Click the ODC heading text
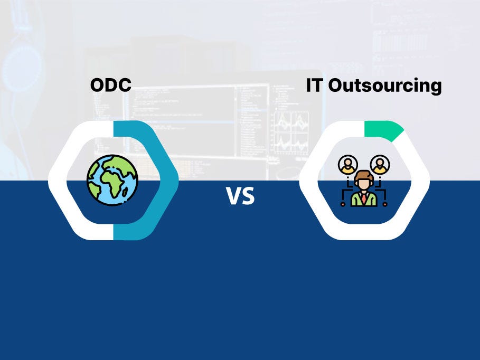[x=111, y=85]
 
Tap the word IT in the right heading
[x=314, y=85]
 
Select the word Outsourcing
[x=385, y=86]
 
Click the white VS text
[x=240, y=196]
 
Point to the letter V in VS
[x=233, y=196]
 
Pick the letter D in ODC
[x=111, y=85]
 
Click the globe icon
[x=112, y=179]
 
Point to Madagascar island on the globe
[x=125, y=192]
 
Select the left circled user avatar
[x=348, y=165]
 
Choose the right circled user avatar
[x=380, y=165]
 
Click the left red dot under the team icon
[x=343, y=204]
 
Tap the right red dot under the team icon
[x=385, y=204]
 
